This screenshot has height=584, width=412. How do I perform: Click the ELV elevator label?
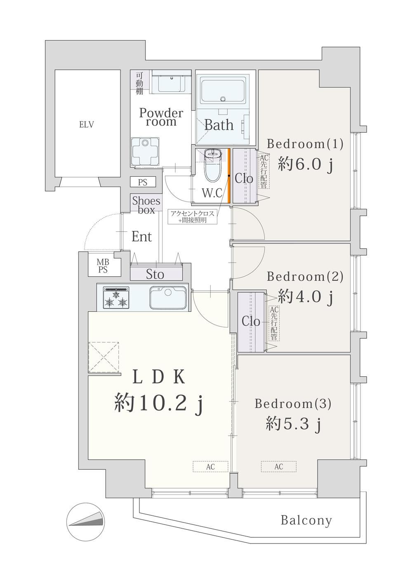point(87,124)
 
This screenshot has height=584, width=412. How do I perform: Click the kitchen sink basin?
point(168,297)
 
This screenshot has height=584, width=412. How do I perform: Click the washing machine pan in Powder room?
point(145,152)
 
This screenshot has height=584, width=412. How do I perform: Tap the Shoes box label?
point(146,205)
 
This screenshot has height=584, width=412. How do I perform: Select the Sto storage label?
point(155,274)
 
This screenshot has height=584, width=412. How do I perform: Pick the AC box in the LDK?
point(210,466)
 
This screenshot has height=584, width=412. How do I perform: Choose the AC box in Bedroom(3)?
point(278,466)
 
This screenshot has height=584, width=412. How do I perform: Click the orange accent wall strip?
point(229,176)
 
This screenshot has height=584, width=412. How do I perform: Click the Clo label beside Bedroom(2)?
point(251,322)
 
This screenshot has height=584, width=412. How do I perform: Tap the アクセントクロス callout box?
point(192,217)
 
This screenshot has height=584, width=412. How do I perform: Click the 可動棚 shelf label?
point(140,83)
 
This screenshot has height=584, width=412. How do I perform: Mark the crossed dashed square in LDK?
point(104,357)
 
